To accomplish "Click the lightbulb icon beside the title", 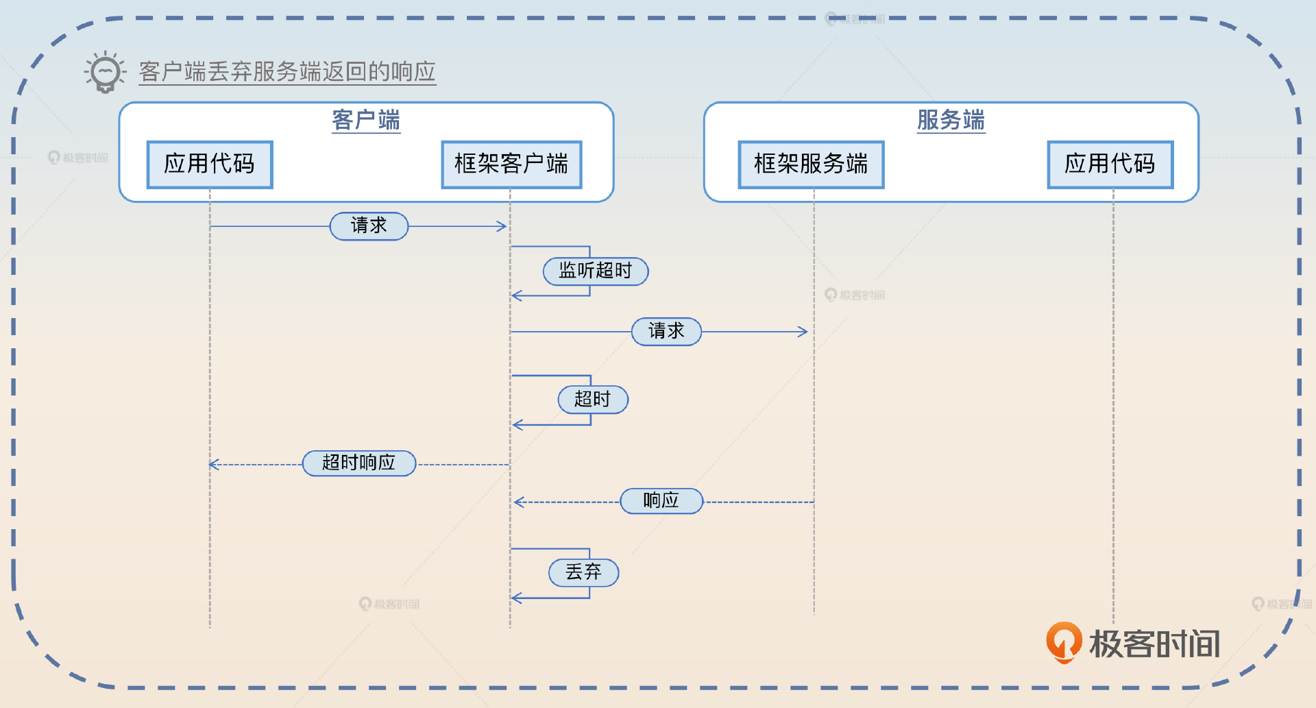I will pyautogui.click(x=105, y=71).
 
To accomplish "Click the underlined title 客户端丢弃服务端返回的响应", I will pyautogui.click(x=287, y=71).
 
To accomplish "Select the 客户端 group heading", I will pyautogui.click(x=366, y=120).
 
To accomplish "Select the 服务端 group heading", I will pyautogui.click(x=951, y=120).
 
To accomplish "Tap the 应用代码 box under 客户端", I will pyautogui.click(x=210, y=164).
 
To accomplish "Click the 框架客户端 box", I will pyautogui.click(x=511, y=164).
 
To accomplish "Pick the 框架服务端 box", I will pyautogui.click(x=811, y=164).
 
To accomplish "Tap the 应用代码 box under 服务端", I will pyautogui.click(x=1110, y=164).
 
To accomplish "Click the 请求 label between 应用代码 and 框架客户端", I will pyautogui.click(x=369, y=225).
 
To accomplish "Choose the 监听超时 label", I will pyautogui.click(x=595, y=271).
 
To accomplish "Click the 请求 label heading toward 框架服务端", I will pyautogui.click(x=666, y=331).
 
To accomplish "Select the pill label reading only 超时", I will pyautogui.click(x=593, y=399).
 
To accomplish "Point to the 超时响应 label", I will pyautogui.click(x=359, y=463).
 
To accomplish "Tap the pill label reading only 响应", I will pyautogui.click(x=661, y=500).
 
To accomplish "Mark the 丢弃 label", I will pyautogui.click(x=583, y=572).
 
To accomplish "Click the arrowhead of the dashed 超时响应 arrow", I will pyautogui.click(x=213, y=465).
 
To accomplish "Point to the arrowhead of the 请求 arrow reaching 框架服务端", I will pyautogui.click(x=803, y=332).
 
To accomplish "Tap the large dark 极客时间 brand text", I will pyautogui.click(x=1155, y=644).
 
